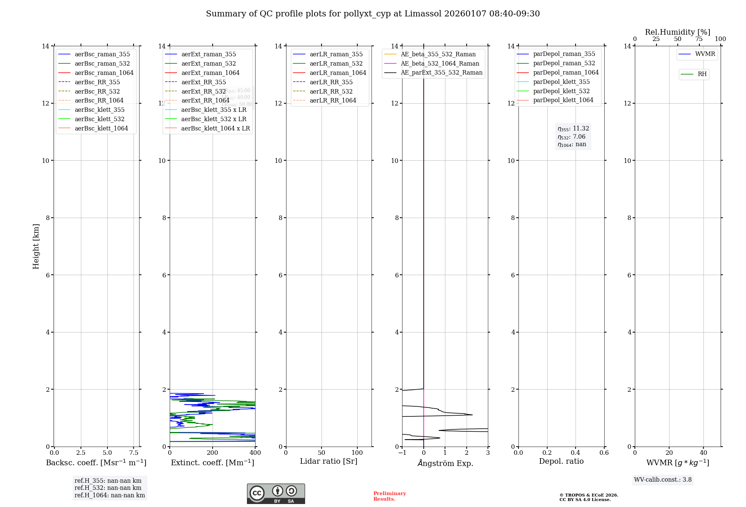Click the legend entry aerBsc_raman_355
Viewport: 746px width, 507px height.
click(102, 54)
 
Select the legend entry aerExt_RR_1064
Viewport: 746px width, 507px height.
click(205, 101)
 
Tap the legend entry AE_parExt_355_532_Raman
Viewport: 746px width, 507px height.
click(441, 73)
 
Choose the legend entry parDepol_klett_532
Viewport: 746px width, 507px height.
click(561, 91)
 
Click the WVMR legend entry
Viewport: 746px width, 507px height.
click(705, 54)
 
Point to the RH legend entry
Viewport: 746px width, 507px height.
click(702, 74)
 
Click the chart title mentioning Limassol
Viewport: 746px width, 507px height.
click(373, 14)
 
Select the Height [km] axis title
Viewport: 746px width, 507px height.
click(36, 246)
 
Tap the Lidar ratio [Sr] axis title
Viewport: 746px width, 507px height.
click(329, 462)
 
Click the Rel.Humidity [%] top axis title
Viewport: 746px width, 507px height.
click(677, 32)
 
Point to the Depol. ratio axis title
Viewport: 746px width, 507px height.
click(561, 462)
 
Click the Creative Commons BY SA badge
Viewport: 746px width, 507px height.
click(276, 494)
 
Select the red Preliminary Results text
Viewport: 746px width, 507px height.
click(389, 496)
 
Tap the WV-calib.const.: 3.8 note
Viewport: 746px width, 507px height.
click(662, 480)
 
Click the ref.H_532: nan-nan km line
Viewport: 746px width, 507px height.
click(108, 488)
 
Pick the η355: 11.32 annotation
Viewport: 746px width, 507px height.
click(573, 129)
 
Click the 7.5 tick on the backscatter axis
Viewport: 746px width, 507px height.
click(134, 453)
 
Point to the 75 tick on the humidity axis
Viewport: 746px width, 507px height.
click(699, 39)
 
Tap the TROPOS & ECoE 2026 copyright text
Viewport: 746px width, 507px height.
click(588, 495)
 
